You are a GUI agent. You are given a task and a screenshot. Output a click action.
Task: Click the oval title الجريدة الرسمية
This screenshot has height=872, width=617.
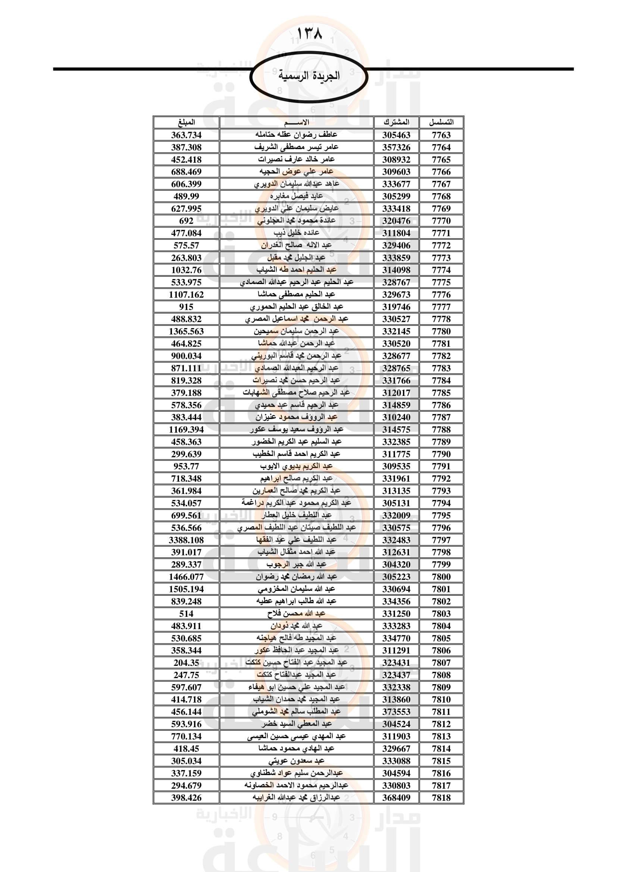[309, 76]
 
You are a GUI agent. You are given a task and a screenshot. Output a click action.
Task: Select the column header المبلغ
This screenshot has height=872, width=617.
[186, 122]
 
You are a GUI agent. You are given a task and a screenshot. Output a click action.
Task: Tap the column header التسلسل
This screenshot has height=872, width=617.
[441, 122]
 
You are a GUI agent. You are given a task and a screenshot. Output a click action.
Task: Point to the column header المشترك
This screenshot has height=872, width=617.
[396, 122]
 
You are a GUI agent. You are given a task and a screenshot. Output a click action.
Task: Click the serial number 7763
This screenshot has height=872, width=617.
[441, 135]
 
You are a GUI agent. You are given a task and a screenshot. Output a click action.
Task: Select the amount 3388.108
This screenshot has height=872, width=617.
[186, 540]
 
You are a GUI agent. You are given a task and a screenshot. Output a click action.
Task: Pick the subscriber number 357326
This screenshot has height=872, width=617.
[396, 147]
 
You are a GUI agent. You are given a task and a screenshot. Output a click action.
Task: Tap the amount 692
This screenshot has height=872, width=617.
[186, 221]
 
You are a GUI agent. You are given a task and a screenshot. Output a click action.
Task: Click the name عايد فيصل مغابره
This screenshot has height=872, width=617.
[296, 196]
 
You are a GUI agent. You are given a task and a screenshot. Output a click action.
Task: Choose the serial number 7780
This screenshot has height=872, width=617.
[441, 331]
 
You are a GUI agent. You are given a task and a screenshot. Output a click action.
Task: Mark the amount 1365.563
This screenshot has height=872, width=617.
[186, 331]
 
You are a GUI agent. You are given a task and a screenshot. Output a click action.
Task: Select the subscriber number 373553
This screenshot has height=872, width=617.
[396, 712]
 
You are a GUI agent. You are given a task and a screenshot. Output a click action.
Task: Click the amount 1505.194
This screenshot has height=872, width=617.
[186, 589]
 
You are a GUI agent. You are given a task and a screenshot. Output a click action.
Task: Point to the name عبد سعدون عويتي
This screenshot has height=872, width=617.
[296, 761]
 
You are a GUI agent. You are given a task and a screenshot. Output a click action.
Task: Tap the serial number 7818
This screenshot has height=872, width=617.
[441, 797]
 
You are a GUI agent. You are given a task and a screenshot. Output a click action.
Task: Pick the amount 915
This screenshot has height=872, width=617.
[186, 307]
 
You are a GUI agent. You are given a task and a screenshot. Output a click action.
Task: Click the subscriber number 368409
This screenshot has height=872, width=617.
[396, 797]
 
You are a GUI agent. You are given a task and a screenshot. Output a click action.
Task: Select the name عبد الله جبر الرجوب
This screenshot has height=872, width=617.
[296, 564]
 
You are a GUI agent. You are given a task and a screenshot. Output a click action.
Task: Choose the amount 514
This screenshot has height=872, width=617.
[186, 613]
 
